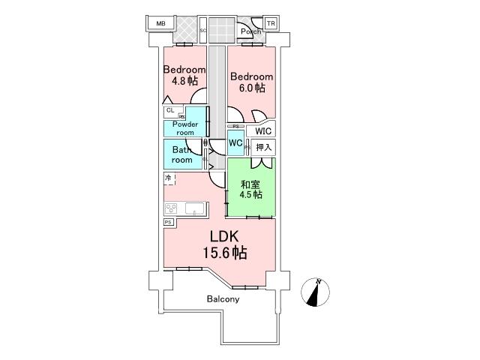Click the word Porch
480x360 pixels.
252,31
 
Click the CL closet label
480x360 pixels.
170,111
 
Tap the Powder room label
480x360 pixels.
184,128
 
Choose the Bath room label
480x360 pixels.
182,154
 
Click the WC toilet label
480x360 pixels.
235,142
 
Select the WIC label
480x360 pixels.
263,130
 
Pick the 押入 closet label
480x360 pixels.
263,147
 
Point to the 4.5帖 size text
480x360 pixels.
250,195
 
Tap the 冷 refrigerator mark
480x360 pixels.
169,178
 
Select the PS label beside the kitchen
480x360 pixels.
168,223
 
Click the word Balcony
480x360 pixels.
223,299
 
